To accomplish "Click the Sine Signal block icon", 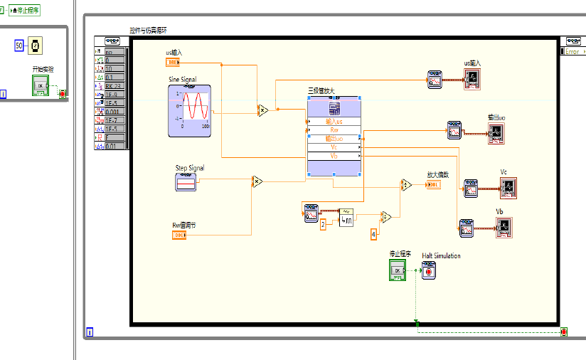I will (x=189, y=110).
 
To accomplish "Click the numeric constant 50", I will (x=20, y=46).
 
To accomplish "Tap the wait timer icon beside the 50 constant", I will (x=34, y=46).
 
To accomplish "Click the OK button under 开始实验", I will (x=40, y=85).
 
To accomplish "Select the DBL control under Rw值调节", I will (x=179, y=234).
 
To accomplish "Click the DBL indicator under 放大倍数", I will (x=432, y=185).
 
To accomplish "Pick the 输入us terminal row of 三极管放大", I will (x=334, y=121).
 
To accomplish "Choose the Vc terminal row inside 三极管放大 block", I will (x=334, y=147).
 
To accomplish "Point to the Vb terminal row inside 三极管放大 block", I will (x=334, y=156).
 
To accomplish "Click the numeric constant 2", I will (x=322, y=224).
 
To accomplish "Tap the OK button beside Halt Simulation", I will (x=397, y=270).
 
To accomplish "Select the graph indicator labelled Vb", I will (x=504, y=226).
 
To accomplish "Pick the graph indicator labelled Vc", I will (x=508, y=188).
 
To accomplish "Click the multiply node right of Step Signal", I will (x=257, y=182).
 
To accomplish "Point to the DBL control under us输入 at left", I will (x=173, y=62).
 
